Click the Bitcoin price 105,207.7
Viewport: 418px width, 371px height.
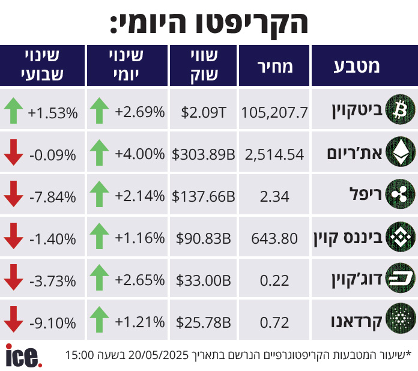(x=274, y=112)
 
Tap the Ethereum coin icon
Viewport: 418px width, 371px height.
(x=399, y=154)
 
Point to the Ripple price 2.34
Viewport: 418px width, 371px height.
(x=275, y=196)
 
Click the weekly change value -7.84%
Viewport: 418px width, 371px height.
(x=53, y=196)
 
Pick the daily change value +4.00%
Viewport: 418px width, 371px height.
(x=140, y=154)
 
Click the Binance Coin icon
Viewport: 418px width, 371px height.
(x=399, y=237)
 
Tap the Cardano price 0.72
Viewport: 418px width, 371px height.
(x=275, y=322)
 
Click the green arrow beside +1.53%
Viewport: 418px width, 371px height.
(x=13, y=111)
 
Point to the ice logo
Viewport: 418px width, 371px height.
(x=23, y=355)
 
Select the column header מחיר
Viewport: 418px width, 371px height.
(x=275, y=67)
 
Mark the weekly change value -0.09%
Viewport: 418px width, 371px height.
(x=53, y=154)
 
